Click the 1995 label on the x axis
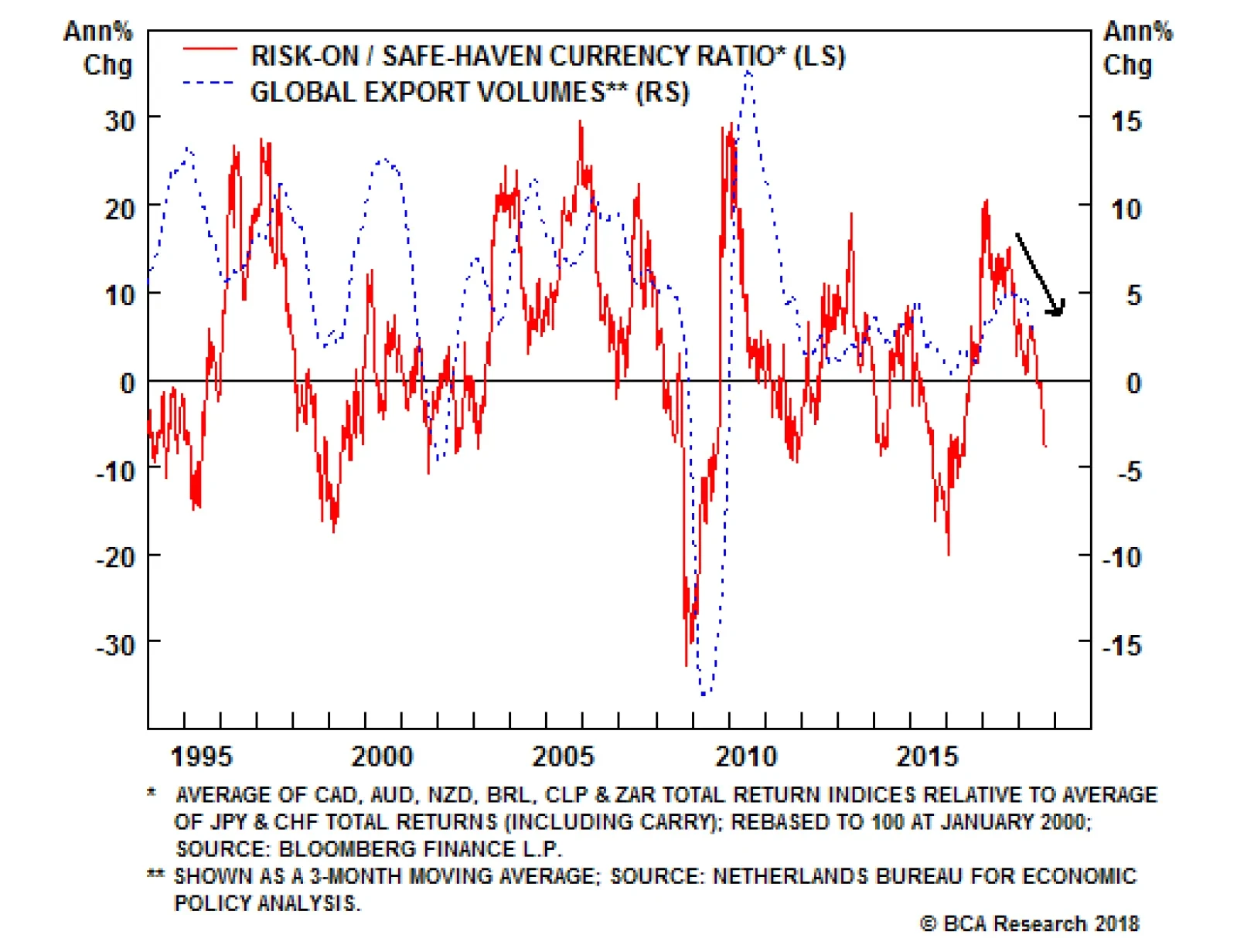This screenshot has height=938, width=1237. (201, 756)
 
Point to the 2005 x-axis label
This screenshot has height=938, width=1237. (563, 756)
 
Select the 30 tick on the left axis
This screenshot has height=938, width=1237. (120, 121)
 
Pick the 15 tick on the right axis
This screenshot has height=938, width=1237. (1126, 121)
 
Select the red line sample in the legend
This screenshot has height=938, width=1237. (210, 50)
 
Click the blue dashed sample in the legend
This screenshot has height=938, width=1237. (208, 82)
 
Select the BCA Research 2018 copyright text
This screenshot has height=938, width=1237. (1030, 923)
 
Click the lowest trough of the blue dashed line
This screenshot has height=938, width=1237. (704, 694)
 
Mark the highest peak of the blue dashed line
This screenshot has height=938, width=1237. (748, 72)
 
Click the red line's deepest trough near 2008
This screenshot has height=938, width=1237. (686, 663)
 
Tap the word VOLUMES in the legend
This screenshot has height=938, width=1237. (553, 92)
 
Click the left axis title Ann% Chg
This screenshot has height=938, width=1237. (99, 48)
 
